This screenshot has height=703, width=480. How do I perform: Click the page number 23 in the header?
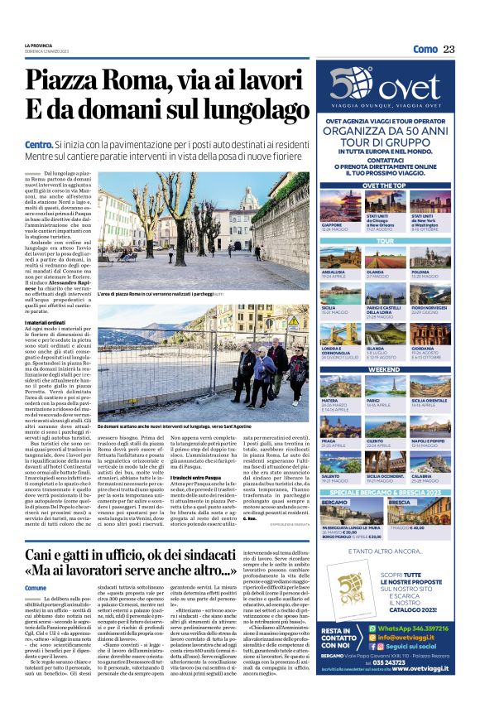(449, 50)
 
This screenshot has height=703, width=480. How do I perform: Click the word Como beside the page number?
(425, 50)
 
